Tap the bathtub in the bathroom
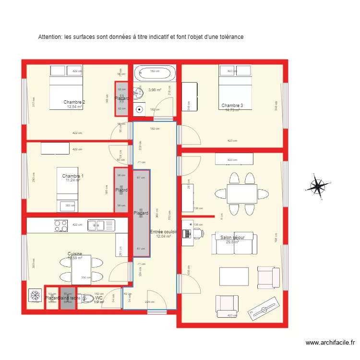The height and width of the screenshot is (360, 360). [155, 73]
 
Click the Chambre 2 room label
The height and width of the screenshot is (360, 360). [74, 102]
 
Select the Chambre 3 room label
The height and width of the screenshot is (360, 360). [232, 106]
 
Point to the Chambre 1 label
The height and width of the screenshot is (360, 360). [73, 176]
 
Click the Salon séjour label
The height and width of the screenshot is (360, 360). [232, 238]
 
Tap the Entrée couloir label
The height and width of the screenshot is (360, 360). [164, 232]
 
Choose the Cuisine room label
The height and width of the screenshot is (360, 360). [75, 254]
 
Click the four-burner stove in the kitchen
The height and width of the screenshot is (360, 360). [61, 225]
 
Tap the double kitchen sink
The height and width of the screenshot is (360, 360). [96, 225]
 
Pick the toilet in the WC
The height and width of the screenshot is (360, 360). [87, 299]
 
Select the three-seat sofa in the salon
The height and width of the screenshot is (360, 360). [234, 244]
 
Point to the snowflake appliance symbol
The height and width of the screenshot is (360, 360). [35, 295]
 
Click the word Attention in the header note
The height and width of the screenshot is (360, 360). [49, 37]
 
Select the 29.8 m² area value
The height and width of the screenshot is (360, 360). [232, 242]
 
